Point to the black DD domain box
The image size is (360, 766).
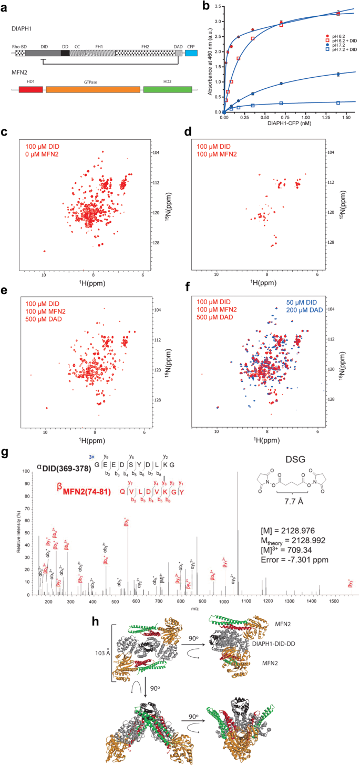click(65, 53)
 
